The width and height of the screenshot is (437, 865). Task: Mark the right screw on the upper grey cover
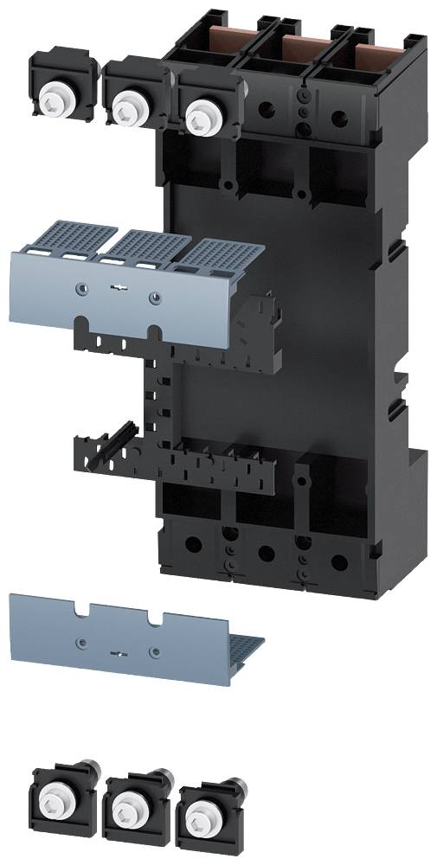click(154, 298)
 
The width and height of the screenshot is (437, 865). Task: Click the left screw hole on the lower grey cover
click(80, 642)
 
